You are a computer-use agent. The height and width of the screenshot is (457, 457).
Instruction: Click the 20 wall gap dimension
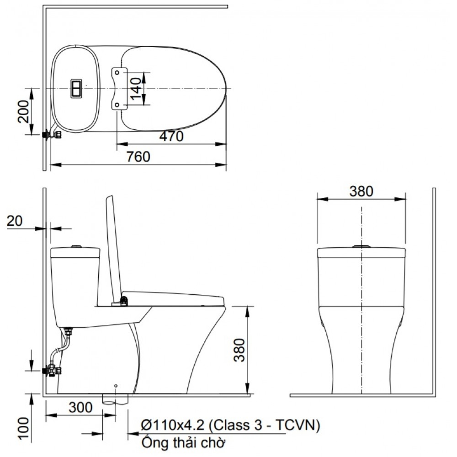(15, 221)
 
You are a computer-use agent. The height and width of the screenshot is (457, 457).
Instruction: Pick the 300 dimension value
(80, 407)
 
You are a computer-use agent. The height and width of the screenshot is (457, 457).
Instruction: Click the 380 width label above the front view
(361, 191)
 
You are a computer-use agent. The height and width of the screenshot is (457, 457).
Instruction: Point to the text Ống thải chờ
(184, 442)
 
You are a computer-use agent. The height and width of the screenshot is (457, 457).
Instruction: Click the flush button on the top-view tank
(76, 88)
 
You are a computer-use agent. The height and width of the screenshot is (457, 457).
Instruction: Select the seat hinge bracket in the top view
(118, 88)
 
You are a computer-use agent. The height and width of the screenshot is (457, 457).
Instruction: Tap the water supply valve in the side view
(52, 371)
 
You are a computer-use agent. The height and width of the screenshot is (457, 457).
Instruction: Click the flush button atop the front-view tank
(361, 247)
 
